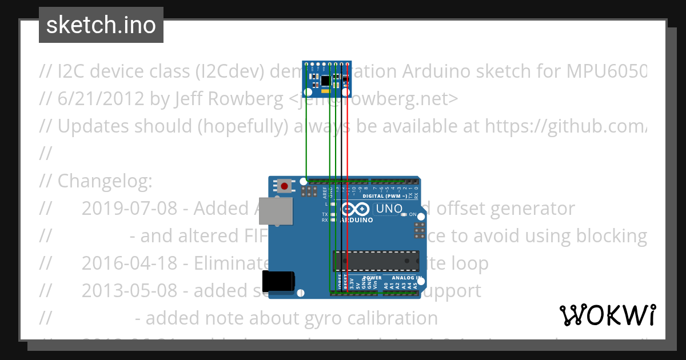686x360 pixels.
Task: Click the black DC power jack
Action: [278, 281]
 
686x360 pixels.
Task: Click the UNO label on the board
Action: [389, 209]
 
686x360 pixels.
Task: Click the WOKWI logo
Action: [607, 315]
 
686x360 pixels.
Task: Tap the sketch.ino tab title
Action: [101, 25]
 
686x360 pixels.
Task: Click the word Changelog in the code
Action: [105, 181]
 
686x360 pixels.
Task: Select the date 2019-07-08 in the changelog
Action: [129, 209]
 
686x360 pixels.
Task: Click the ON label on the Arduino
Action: [413, 214]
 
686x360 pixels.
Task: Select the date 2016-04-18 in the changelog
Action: [129, 263]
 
